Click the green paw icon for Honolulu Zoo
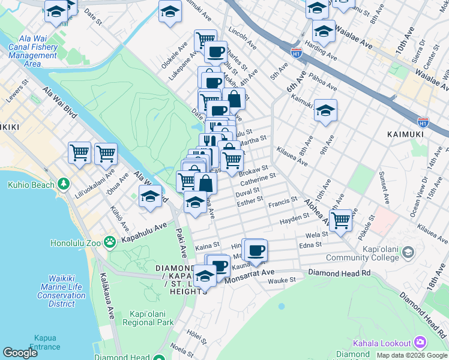[x=109, y=242]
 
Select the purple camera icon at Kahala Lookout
[x=420, y=343]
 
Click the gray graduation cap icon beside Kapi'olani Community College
[x=408, y=251]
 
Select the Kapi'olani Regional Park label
[x=151, y=319]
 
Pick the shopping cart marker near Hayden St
[x=340, y=221]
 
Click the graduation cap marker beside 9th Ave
[x=325, y=111]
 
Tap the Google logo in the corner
[x=20, y=353]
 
